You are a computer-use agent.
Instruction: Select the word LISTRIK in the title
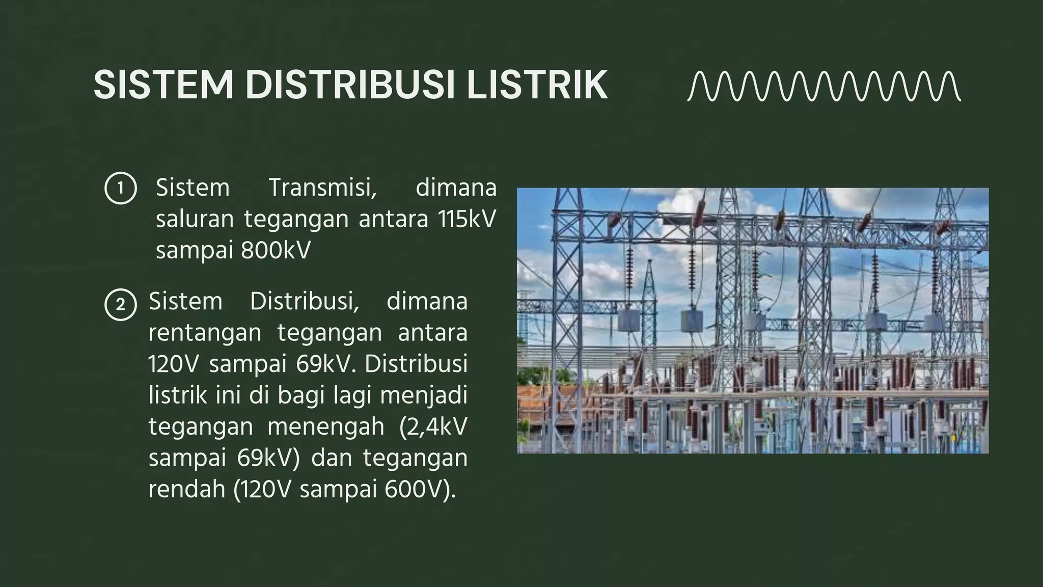click(x=537, y=85)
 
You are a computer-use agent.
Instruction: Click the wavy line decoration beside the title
click(x=824, y=87)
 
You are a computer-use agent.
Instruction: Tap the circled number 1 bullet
click(x=121, y=189)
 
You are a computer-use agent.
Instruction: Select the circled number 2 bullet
click(x=121, y=305)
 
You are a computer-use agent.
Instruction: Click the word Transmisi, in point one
click(x=322, y=188)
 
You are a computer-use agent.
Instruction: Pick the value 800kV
click(x=276, y=251)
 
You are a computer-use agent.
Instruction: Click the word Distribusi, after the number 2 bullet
click(x=305, y=301)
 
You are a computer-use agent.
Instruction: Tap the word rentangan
click(x=205, y=333)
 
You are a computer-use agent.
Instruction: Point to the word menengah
click(x=326, y=426)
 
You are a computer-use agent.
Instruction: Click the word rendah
click(x=187, y=489)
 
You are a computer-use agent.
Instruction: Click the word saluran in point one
click(x=195, y=219)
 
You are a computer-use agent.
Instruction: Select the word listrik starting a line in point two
click(x=174, y=395)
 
